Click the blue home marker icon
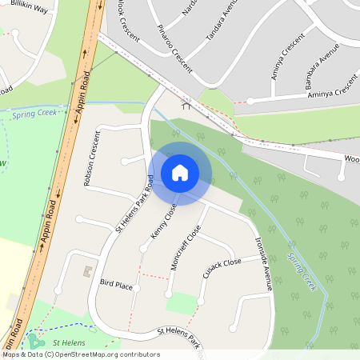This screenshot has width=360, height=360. pos(179,172)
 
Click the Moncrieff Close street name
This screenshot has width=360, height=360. pos(186,247)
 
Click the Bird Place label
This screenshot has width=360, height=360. pos(116,284)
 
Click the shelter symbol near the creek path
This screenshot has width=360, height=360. pos(186,105)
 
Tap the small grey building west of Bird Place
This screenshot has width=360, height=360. pos(86,272)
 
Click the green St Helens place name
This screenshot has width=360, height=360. pos(69,342)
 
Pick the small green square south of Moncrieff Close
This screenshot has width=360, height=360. pos(183,303)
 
